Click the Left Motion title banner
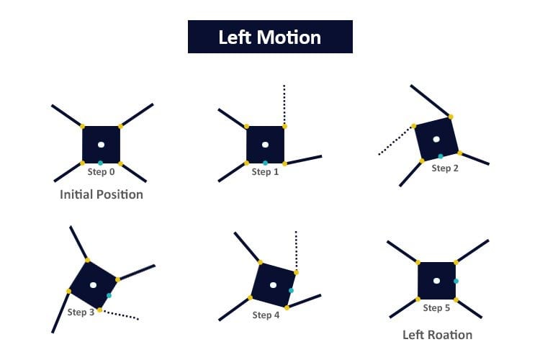coord(270,37)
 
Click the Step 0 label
coord(101,172)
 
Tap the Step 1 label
coord(265,172)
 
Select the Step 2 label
coord(445,168)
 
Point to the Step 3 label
coord(81,312)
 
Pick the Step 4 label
coord(266,315)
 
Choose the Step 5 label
coord(436,308)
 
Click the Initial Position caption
coord(102,194)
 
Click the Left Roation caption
coord(437,335)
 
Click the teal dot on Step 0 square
coord(101,163)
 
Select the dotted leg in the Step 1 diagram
coord(284,104)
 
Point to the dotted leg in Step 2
coord(397,140)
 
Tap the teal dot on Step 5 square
coord(456,281)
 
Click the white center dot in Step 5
coord(436,281)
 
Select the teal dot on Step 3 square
coord(109,295)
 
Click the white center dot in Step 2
coord(436,139)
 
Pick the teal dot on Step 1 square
coord(266,163)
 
